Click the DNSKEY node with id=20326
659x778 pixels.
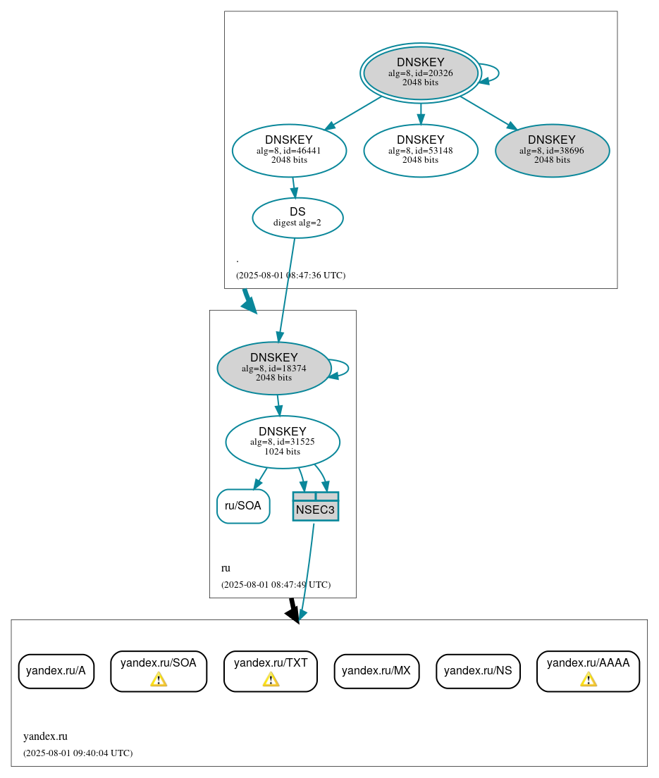[x=421, y=73]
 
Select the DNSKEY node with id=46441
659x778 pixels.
[x=289, y=150]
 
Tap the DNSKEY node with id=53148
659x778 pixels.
[x=421, y=150]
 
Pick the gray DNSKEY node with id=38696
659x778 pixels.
[x=552, y=150]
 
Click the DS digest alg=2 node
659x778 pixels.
[x=297, y=217]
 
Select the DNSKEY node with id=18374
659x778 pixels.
[x=274, y=368]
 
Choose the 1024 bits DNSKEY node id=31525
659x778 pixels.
[x=283, y=442]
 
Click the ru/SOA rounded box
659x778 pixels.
[x=243, y=506]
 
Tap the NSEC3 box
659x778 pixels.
[x=316, y=507]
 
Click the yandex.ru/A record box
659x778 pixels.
[x=56, y=671]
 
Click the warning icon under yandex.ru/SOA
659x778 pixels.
[x=159, y=679]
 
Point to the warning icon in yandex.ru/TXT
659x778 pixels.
[x=271, y=679]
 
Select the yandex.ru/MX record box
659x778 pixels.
[x=376, y=671]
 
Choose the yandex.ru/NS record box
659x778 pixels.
[x=478, y=671]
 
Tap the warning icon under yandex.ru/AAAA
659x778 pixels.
[x=589, y=679]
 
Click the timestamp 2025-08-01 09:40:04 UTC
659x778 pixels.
[x=78, y=753]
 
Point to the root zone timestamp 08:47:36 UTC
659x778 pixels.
[x=290, y=275]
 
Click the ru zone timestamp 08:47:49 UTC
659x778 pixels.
[x=276, y=584]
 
